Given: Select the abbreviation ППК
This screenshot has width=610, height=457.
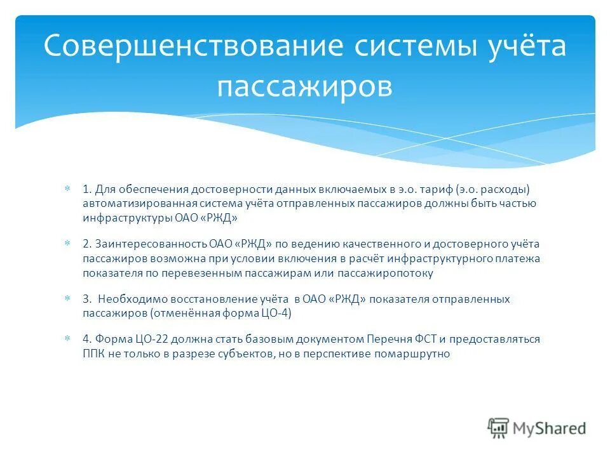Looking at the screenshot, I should [93, 354].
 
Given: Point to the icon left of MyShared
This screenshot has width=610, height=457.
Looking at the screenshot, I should [498, 428].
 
